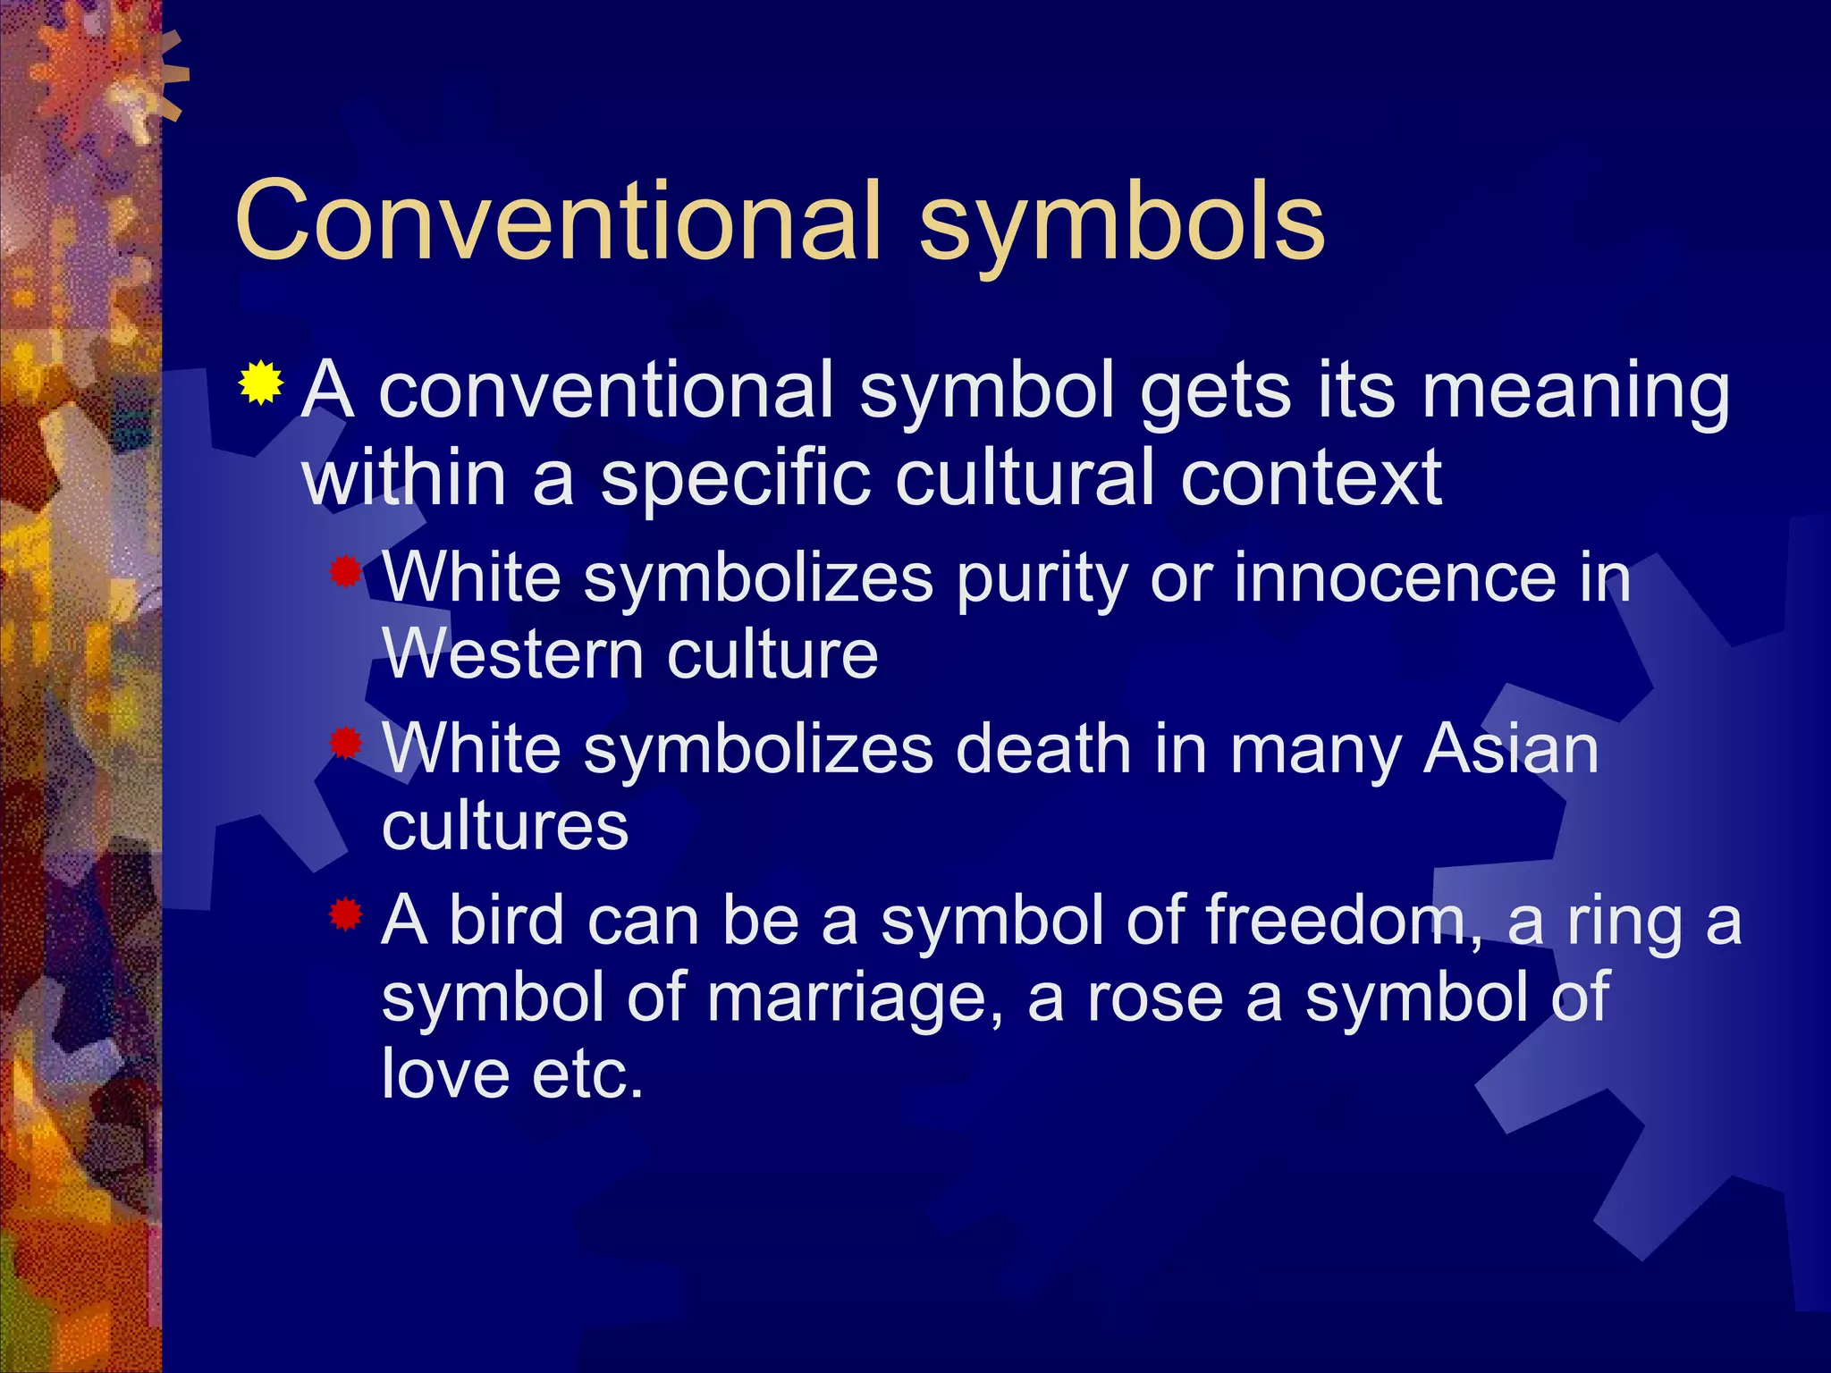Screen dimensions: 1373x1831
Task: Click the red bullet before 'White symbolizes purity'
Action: pos(344,572)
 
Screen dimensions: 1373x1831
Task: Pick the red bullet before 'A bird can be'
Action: pos(344,914)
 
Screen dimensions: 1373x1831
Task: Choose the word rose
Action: pos(1154,998)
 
